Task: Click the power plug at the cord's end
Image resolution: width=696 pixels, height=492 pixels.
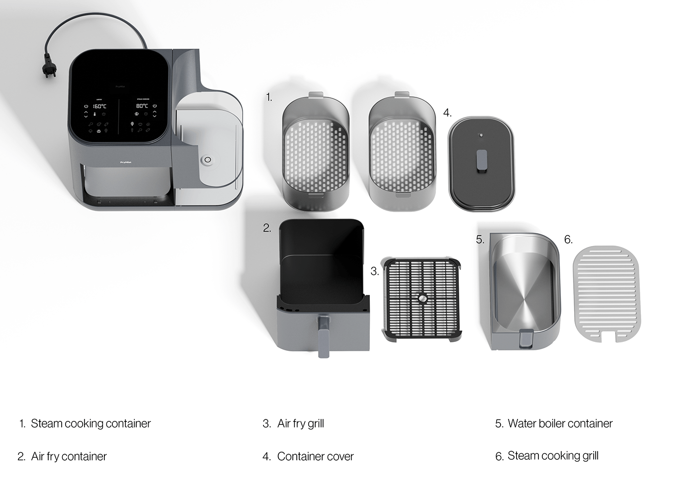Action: point(49,71)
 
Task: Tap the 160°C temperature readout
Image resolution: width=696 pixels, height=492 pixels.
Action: point(99,106)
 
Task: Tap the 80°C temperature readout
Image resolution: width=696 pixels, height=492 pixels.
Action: point(142,106)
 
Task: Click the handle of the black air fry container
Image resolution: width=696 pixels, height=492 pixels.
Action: point(323,335)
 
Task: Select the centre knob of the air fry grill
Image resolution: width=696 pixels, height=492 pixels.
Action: point(422,298)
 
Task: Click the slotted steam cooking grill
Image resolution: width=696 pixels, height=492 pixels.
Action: point(607,294)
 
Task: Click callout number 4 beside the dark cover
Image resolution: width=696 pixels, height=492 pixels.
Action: point(447,113)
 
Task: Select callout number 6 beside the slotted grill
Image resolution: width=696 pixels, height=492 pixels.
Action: point(568,240)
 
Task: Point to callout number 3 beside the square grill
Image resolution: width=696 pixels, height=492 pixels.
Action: point(375,271)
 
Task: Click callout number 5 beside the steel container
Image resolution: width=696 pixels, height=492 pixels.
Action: point(480,240)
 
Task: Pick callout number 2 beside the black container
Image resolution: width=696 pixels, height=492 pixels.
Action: point(267,228)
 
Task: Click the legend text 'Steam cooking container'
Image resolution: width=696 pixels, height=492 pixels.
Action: point(90,423)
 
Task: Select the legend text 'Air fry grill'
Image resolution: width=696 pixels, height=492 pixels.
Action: point(300,423)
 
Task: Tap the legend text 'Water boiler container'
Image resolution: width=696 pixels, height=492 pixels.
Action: point(560,423)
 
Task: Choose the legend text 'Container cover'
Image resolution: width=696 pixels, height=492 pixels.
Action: point(315,456)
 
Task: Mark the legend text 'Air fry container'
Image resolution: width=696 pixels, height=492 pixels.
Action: point(69,456)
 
